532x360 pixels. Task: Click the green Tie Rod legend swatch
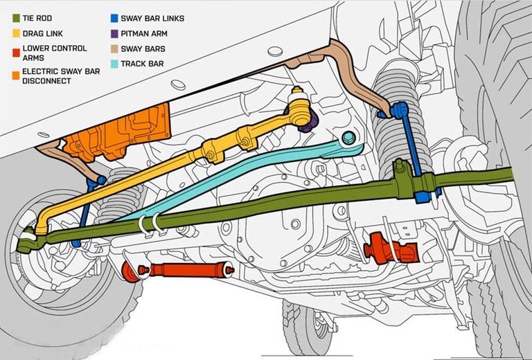pos(16,18)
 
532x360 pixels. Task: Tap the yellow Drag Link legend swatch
pos(16,33)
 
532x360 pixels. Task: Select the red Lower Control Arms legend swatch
pos(16,53)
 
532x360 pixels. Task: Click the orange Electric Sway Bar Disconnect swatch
pos(16,75)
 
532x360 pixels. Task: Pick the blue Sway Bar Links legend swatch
pos(114,18)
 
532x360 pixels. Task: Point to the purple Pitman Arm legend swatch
pos(114,33)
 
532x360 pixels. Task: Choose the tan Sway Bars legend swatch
pos(114,49)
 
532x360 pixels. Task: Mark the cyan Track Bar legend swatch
pos(114,64)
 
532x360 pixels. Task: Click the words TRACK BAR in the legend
pos(142,64)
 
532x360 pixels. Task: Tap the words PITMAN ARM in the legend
pos(144,33)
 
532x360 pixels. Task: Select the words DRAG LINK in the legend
pos(43,33)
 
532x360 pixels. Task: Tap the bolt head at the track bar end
pos(349,137)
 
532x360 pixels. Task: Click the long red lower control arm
pos(178,270)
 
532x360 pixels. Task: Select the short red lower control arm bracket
pos(391,249)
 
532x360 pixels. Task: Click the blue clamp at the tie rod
pos(424,196)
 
